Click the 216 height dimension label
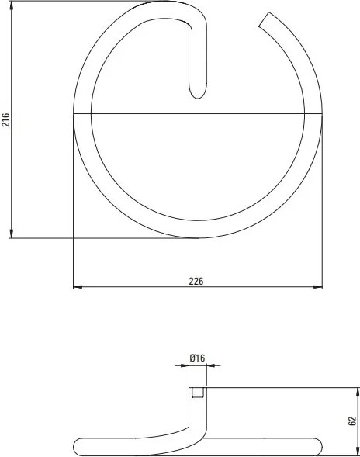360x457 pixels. [x=6, y=119]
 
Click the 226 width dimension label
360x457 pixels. [x=196, y=281]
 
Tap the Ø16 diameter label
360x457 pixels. [x=197, y=358]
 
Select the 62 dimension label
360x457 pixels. [x=352, y=421]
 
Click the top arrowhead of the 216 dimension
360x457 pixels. [x=12, y=6]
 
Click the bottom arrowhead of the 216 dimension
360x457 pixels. [x=12, y=234]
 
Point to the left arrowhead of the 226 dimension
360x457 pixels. [x=78, y=287]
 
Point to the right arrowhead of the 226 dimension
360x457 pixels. [x=318, y=287]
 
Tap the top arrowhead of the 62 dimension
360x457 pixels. [x=358, y=393]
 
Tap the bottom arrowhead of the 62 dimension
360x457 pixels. [x=358, y=451]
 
